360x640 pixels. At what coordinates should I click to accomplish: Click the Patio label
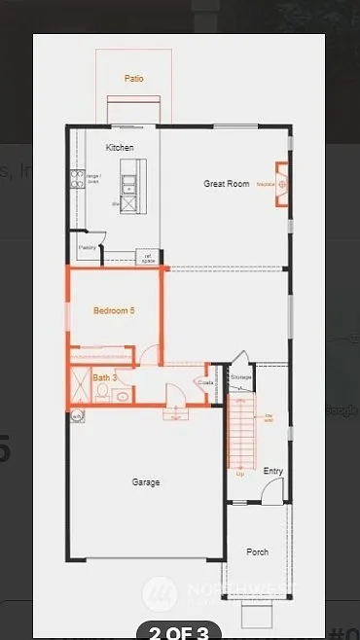point(134,78)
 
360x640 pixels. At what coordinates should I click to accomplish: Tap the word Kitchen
point(120,147)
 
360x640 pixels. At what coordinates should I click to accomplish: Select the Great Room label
point(227,183)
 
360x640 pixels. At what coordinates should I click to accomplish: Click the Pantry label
point(87,248)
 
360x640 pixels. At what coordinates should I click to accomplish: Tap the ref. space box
point(148,259)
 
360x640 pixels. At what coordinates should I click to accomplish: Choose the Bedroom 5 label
point(114,310)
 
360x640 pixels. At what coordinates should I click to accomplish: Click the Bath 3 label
point(105,376)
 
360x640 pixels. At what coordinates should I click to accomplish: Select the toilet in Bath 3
point(102,392)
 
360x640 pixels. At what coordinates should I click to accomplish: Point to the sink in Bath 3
point(123,395)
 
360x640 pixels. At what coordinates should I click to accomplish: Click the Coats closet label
point(205,382)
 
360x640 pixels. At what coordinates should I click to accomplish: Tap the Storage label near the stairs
point(241,376)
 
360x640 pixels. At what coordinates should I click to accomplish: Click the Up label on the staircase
point(240,474)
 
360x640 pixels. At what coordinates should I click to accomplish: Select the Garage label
point(146,481)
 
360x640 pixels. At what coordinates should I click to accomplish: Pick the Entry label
point(273,471)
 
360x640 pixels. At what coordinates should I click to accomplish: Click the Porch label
point(257,551)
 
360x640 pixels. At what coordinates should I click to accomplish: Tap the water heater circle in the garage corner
point(77,415)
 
